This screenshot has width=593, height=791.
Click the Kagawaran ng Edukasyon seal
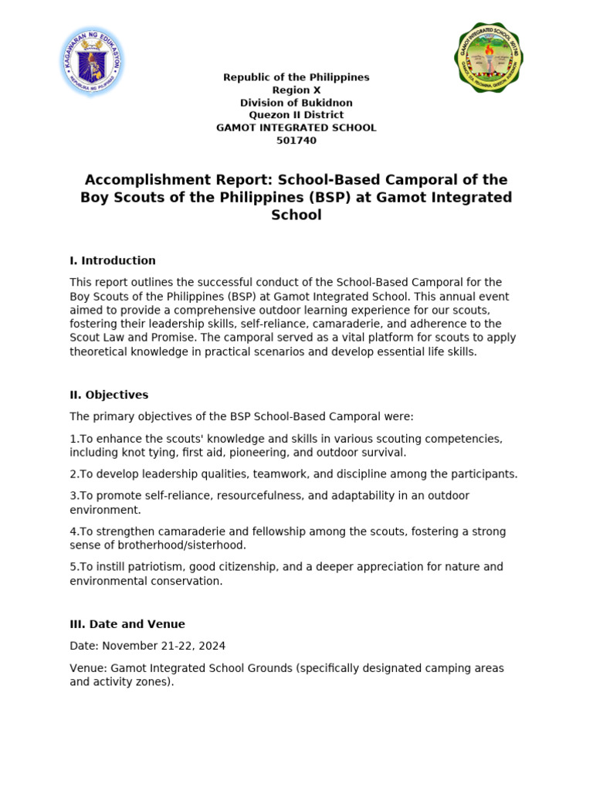(x=93, y=62)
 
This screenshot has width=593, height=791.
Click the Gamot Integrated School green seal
(x=488, y=58)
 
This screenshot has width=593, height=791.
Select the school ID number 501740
(x=296, y=141)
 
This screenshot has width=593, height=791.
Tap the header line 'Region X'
(x=296, y=90)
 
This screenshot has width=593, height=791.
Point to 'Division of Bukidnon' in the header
(x=296, y=103)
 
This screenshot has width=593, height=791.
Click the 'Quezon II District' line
(x=296, y=115)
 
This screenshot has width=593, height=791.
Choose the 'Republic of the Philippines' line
(x=296, y=77)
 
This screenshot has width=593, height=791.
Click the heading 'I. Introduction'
(x=113, y=261)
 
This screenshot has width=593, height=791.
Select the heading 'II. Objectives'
(x=109, y=395)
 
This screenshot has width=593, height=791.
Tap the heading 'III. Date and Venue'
(x=127, y=624)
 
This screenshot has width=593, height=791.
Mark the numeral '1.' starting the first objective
(x=73, y=439)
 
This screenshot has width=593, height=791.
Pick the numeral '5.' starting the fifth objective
(x=73, y=567)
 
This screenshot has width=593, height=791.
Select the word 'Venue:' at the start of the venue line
(x=89, y=668)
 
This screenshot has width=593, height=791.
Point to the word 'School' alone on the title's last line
(x=296, y=216)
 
